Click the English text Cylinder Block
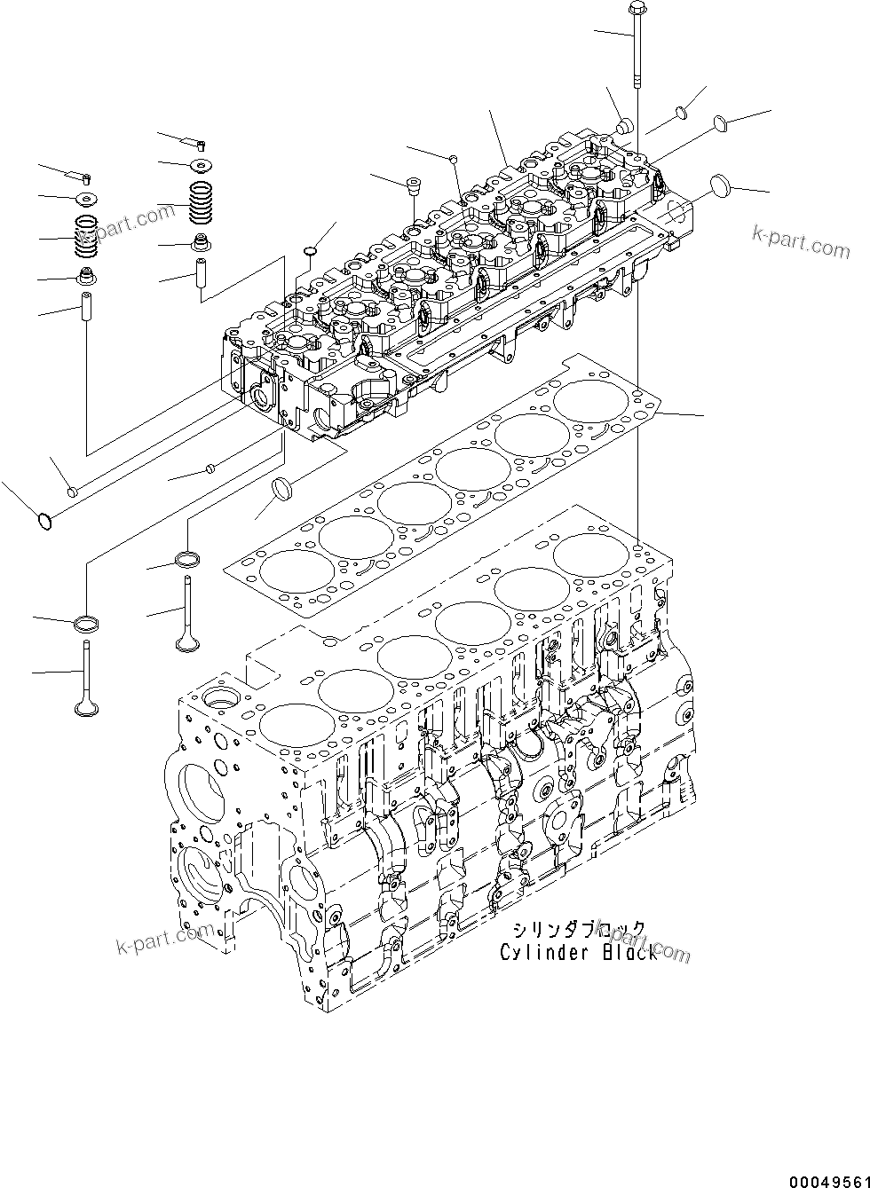coord(579,953)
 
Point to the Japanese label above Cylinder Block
coord(579,930)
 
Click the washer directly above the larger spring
coord(202,164)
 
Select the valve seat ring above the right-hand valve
coord(188,559)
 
